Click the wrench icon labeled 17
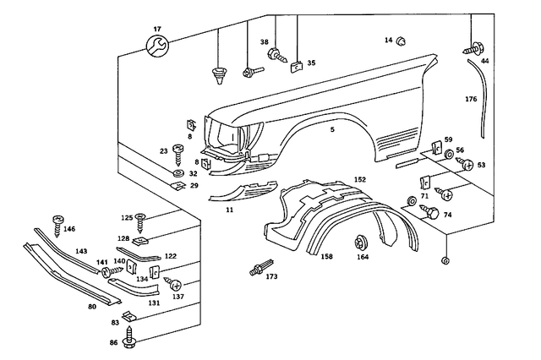156,47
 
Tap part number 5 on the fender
332,129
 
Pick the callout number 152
359,180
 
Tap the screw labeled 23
178,154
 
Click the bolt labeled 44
470,50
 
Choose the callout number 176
471,100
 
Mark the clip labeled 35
297,63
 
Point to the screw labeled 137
172,281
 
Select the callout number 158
326,256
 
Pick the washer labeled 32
178,173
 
